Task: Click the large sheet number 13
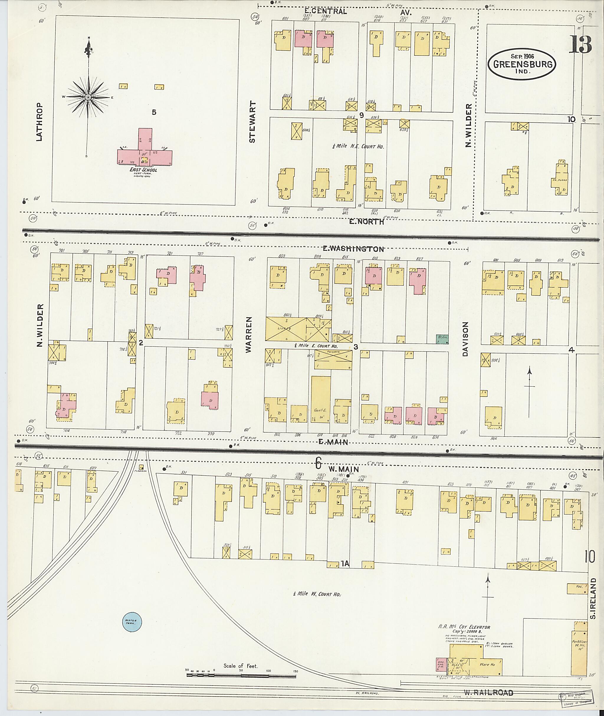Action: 580,45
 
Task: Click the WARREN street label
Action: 249,334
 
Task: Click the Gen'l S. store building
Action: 321,404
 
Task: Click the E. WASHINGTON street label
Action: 353,249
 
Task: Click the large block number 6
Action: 318,463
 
